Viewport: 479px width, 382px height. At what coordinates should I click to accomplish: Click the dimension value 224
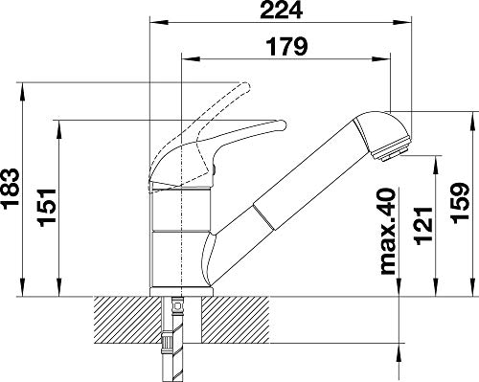pos(282,10)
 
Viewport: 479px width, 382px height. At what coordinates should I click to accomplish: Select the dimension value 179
pos(286,47)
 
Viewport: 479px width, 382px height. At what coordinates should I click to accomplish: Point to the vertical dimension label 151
pos(48,208)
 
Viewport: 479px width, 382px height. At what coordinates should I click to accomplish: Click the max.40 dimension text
pos(388,231)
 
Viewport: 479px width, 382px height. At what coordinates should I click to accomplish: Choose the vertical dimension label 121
pos(423,227)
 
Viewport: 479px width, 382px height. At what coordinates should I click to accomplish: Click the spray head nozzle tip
pos(394,152)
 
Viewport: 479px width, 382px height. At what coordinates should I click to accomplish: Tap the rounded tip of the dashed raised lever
pos(245,87)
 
